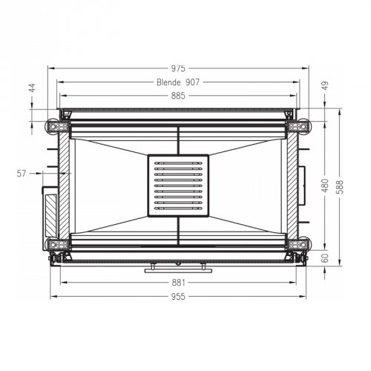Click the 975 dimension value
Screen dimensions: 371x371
(178, 68)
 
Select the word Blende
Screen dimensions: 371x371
(168, 82)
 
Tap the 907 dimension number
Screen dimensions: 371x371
(192, 82)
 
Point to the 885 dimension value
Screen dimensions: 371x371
(178, 96)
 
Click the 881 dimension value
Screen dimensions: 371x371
(178, 283)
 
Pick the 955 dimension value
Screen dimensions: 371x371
(178, 296)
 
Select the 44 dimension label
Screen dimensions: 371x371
(33, 88)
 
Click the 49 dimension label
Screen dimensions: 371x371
(326, 85)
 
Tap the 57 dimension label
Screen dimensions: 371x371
(22, 174)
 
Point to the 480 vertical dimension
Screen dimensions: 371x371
(325, 185)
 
